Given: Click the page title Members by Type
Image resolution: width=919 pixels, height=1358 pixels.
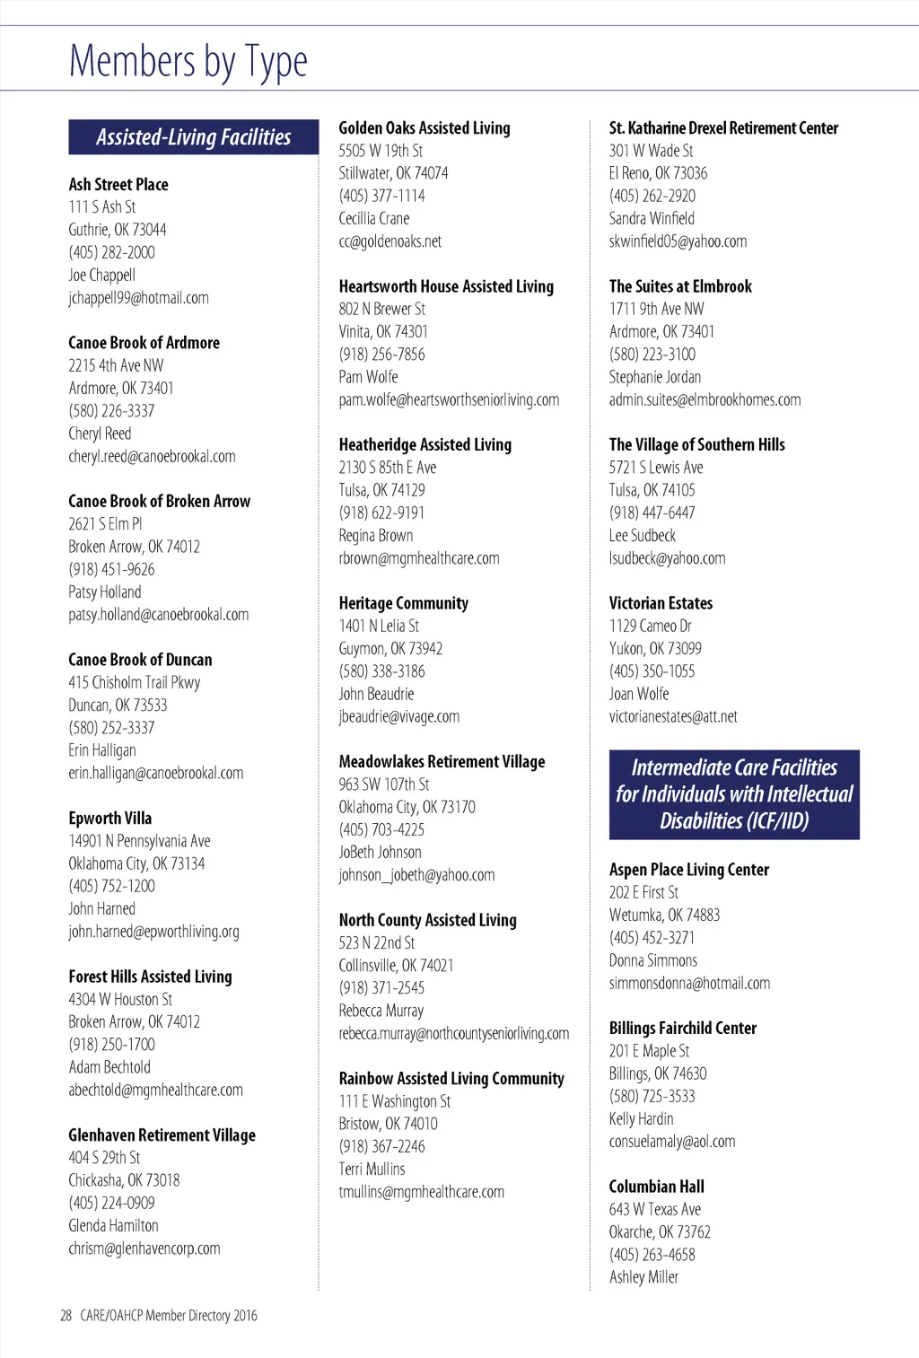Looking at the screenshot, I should [x=188, y=62].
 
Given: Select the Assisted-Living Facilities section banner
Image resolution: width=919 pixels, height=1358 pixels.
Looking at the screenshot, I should [x=194, y=137].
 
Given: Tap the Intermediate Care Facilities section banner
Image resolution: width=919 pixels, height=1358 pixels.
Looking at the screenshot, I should [x=734, y=794].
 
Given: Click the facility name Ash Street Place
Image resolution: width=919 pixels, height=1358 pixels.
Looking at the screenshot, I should [x=118, y=185].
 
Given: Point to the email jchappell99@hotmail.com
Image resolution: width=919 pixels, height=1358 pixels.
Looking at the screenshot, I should [x=138, y=298].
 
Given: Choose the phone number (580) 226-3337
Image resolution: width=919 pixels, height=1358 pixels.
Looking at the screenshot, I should [x=111, y=411].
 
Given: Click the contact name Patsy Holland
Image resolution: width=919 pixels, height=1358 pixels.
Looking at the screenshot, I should [x=105, y=592].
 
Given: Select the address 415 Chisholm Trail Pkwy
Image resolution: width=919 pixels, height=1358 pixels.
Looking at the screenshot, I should [x=135, y=682].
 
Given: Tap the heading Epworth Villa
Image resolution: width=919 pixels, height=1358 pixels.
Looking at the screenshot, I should [x=110, y=819].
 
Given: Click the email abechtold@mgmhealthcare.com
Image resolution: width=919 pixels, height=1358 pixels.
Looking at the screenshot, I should [x=155, y=1091].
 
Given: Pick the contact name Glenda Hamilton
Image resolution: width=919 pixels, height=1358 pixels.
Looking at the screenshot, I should [x=113, y=1226].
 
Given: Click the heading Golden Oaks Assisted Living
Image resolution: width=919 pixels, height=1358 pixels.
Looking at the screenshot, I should [x=424, y=128].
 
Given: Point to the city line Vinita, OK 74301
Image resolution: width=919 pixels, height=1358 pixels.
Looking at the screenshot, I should [x=383, y=332].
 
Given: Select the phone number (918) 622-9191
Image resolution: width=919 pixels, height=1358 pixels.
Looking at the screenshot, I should [x=381, y=513].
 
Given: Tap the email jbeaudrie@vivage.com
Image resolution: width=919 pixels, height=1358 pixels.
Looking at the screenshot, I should [x=399, y=717].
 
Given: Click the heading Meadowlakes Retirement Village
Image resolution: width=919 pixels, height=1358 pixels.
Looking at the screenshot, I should [x=442, y=762].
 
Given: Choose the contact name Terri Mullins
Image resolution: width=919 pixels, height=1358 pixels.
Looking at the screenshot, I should [x=372, y=1170].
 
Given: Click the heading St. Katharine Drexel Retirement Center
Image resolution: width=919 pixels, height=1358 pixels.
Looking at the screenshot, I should [x=723, y=128].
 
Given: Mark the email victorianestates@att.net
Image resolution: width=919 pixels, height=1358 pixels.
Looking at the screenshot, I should [x=673, y=717].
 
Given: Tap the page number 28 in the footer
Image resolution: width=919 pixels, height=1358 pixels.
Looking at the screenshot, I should [x=66, y=1316].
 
